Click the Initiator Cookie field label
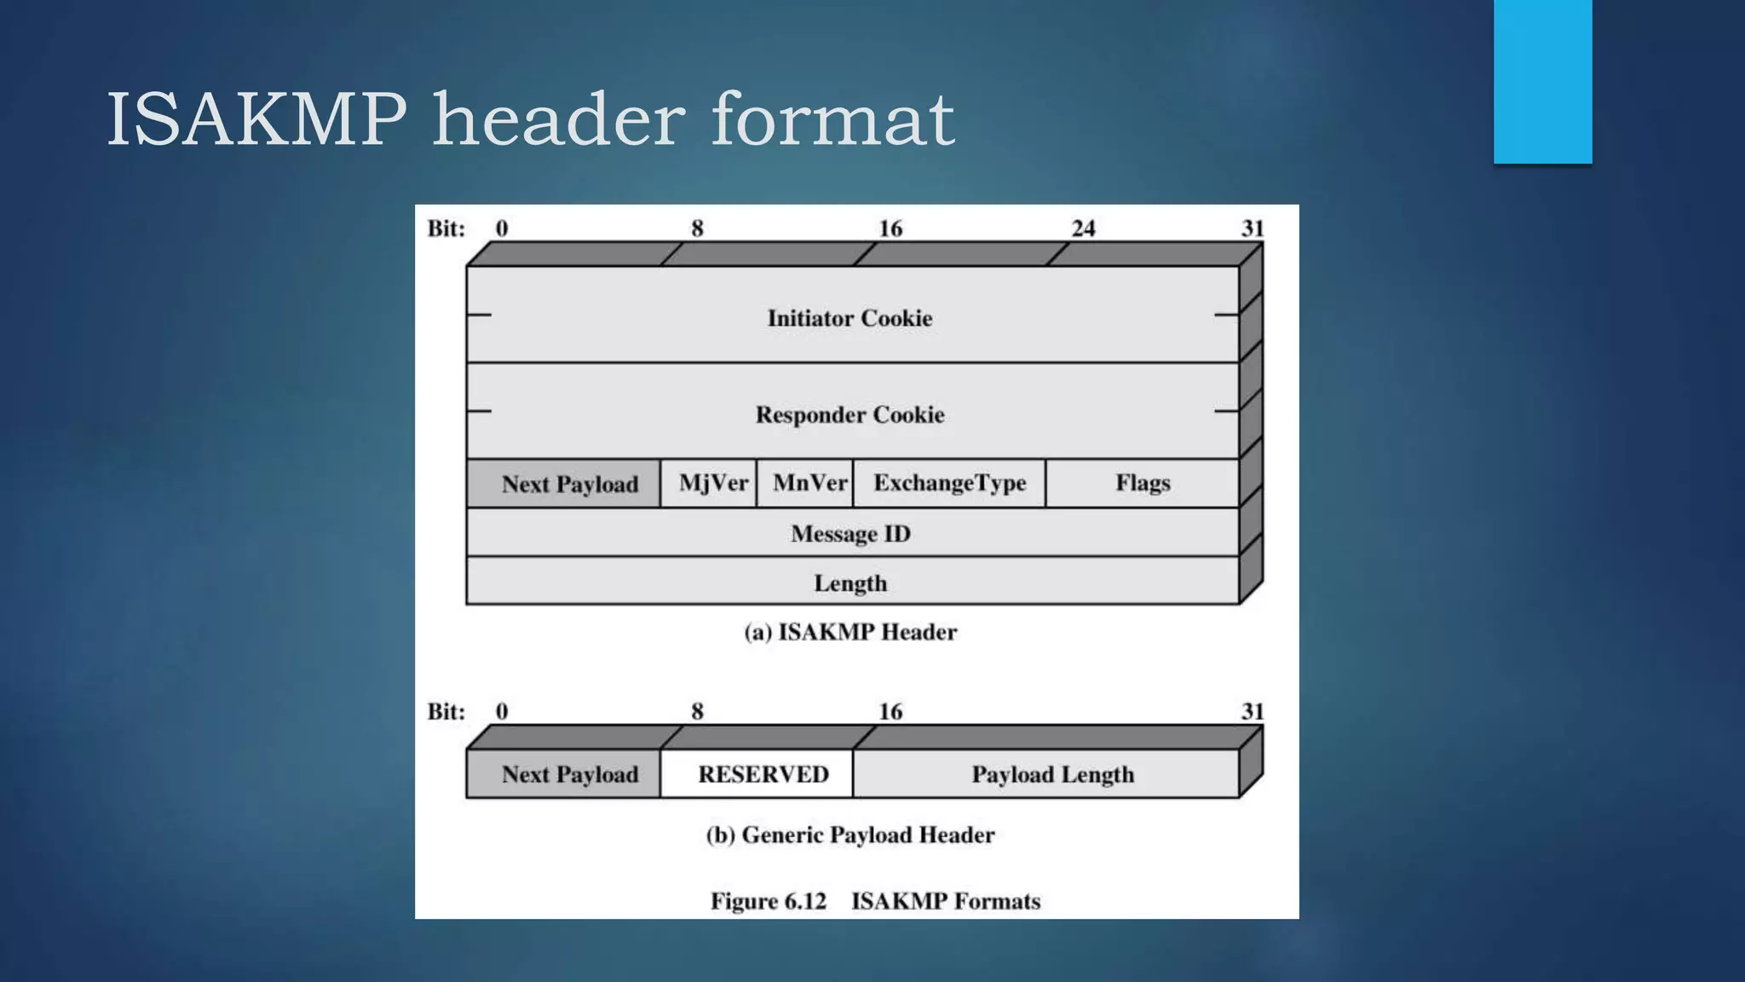coord(849,318)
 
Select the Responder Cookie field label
coord(849,414)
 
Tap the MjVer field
coord(712,483)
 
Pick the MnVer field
coord(809,483)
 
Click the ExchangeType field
coord(949,483)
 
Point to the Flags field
coord(1143,483)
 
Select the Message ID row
coord(850,534)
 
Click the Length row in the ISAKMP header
coord(850,583)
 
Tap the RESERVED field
coord(763,774)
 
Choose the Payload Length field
coord(1052,774)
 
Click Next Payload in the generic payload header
coord(569,774)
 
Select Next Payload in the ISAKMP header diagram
coord(569,484)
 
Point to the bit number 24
coord(1083,228)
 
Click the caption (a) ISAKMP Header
coord(850,632)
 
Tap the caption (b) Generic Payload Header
coord(850,835)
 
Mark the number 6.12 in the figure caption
coord(803,901)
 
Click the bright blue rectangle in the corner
coord(1542,81)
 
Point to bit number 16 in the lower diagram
coord(890,712)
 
